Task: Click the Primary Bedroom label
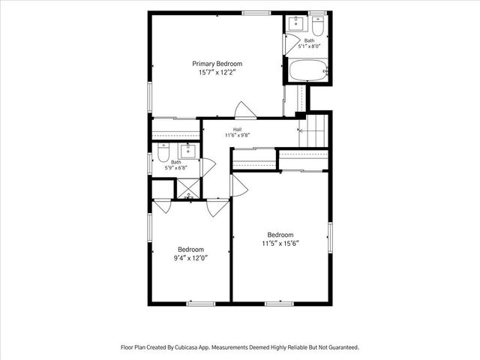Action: tap(217, 64)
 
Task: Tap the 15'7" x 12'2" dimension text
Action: tap(217, 73)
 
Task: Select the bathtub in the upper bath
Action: tap(307, 70)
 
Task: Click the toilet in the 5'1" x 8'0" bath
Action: tap(318, 26)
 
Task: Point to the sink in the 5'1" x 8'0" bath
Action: tap(296, 24)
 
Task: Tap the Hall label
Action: tap(237, 130)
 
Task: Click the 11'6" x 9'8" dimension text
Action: tap(238, 135)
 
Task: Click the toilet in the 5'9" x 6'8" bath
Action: tap(163, 152)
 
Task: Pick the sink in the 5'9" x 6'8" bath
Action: tap(187, 151)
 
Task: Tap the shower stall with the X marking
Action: tap(188, 188)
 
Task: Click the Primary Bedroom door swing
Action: tap(245, 109)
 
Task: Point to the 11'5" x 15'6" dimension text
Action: tap(280, 244)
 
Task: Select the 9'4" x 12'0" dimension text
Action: tap(190, 258)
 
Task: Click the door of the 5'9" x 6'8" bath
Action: tap(208, 167)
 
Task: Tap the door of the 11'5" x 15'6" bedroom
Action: tap(239, 185)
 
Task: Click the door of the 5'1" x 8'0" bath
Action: tap(292, 44)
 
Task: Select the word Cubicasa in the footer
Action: tap(187, 347)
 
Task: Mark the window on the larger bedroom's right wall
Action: tap(330, 238)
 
